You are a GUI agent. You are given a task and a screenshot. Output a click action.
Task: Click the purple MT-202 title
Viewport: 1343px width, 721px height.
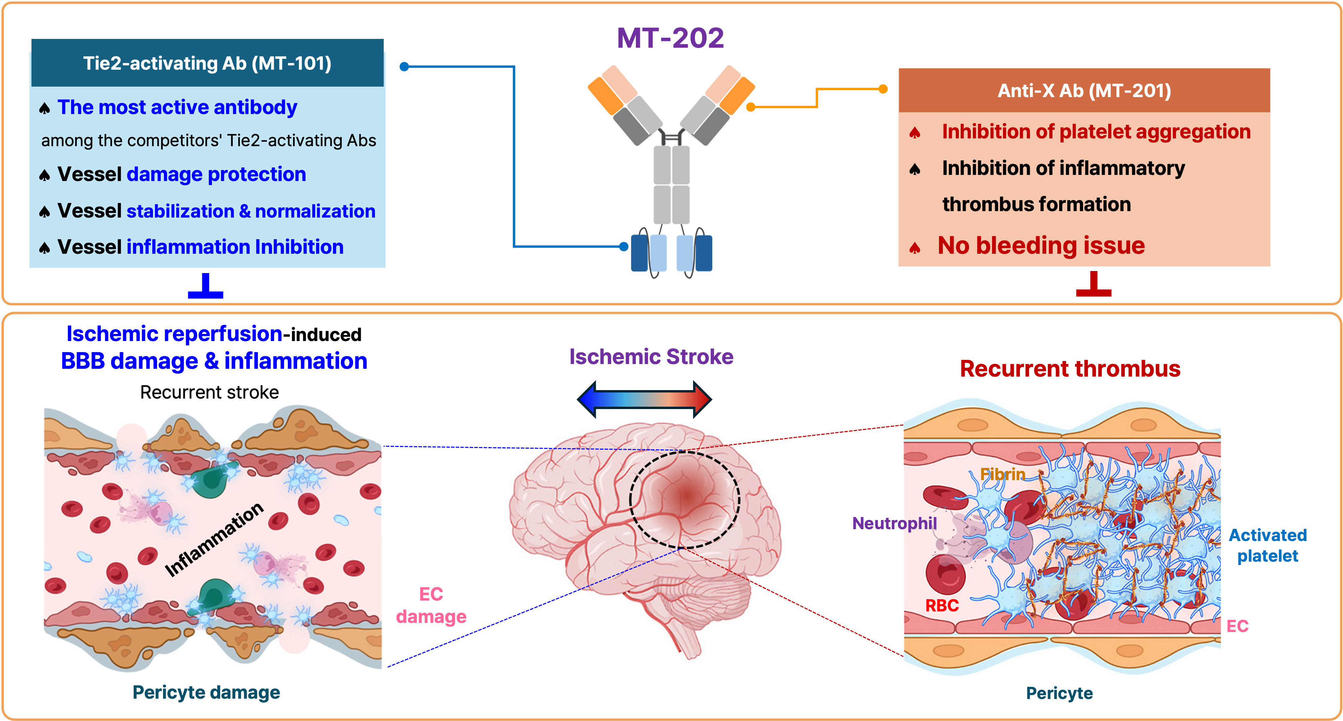(670, 38)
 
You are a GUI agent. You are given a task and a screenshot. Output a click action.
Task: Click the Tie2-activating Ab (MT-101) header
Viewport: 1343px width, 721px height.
(207, 63)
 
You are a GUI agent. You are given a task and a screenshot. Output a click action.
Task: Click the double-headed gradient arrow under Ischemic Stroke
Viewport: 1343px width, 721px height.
(644, 399)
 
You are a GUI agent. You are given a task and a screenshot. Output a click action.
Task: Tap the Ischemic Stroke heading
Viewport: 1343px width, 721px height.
(651, 357)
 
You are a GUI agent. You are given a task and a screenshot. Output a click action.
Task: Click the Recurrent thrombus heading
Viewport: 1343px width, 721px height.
(1070, 368)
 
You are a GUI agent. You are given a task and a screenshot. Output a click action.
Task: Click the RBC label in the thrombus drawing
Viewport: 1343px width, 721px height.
(942, 605)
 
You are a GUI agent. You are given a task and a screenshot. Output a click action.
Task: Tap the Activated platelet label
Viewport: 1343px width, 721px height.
(1268, 545)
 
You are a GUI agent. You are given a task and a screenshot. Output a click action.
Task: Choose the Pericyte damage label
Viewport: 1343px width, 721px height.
(206, 692)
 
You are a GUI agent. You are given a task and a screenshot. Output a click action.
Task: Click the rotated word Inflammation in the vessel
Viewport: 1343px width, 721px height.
(214, 540)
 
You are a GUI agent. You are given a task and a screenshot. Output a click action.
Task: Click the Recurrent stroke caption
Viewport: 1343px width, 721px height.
(209, 392)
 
